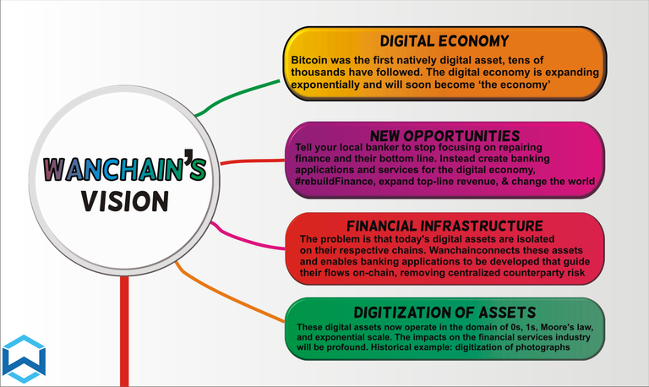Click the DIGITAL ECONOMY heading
pyautogui.click(x=444, y=41)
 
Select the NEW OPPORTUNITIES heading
pyautogui.click(x=445, y=136)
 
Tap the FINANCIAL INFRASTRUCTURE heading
pyautogui.click(x=445, y=226)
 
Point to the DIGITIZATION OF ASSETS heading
pyautogui.click(x=445, y=313)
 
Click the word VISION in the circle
pyautogui.click(x=125, y=201)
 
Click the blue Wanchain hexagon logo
pyautogui.click(x=24, y=359)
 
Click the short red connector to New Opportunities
pyautogui.click(x=253, y=161)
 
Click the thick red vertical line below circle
pyautogui.click(x=124, y=331)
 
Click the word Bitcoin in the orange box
pyautogui.click(x=308, y=60)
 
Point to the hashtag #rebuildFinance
pyautogui.click(x=334, y=182)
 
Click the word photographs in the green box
pyautogui.click(x=543, y=347)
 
